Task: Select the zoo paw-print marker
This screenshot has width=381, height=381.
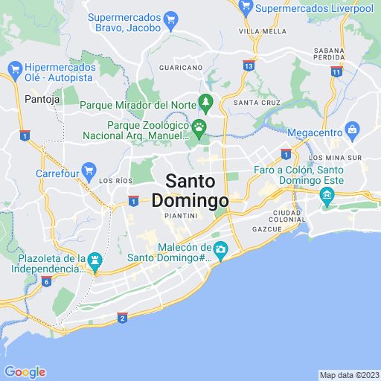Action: coord(199,128)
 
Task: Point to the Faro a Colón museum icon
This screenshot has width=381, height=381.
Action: coord(326,195)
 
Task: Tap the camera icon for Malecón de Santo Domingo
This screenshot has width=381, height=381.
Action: coord(220,249)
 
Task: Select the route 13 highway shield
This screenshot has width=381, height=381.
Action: coord(248,66)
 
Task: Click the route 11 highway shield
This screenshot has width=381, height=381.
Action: coord(336,71)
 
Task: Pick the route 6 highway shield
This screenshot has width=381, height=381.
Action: coord(46,281)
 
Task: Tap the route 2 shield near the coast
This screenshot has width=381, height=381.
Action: coord(122,318)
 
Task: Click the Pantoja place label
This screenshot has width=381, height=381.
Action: coord(36,98)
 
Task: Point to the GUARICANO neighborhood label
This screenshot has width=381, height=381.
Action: coord(182,67)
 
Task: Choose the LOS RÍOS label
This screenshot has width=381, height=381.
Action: coord(115,181)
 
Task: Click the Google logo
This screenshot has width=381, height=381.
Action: coord(25,372)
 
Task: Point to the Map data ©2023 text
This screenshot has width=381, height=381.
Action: coord(348,375)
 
